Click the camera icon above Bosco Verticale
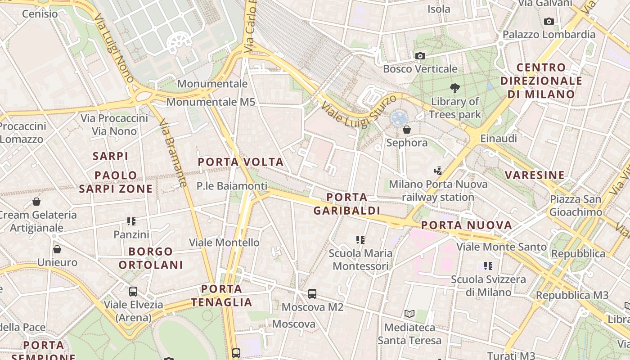click(420, 56)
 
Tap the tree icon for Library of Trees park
click(455, 88)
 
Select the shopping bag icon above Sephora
click(407, 130)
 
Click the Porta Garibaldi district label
click(346, 204)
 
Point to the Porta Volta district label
click(241, 162)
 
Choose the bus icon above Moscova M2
click(312, 294)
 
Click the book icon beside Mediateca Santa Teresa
click(409, 314)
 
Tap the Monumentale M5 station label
click(211, 102)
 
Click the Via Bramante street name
click(173, 153)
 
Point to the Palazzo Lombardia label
click(549, 35)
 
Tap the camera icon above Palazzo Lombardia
click(549, 21)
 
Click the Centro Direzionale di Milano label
click(541, 81)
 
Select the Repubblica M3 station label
click(572, 295)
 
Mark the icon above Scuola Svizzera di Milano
click(488, 266)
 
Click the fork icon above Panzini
click(131, 221)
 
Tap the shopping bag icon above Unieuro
click(57, 249)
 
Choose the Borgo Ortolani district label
click(151, 258)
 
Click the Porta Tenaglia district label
click(221, 295)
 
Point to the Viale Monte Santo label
click(501, 247)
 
